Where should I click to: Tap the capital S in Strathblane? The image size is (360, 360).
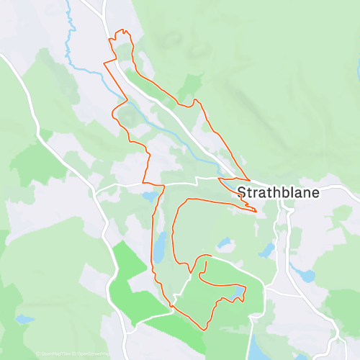pos(241,193)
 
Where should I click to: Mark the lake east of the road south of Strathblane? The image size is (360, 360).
pos(307,276)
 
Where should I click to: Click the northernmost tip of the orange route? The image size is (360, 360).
pos(123,30)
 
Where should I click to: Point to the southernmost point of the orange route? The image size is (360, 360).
pos(206,330)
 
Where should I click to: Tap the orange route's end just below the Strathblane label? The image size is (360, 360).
pos(255,211)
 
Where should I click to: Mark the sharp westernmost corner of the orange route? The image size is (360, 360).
pos(104,63)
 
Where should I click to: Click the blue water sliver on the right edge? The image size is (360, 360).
pos(357,68)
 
